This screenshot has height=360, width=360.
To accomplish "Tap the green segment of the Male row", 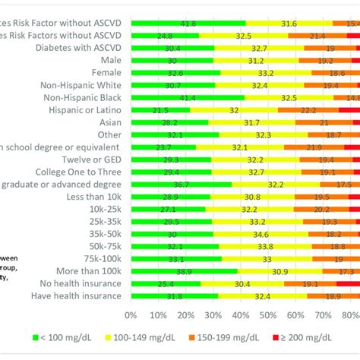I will click(x=152, y=60).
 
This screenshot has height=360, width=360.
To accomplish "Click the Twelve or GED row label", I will click(x=90, y=159).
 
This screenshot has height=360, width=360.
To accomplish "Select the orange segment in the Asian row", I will click(x=324, y=122).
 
